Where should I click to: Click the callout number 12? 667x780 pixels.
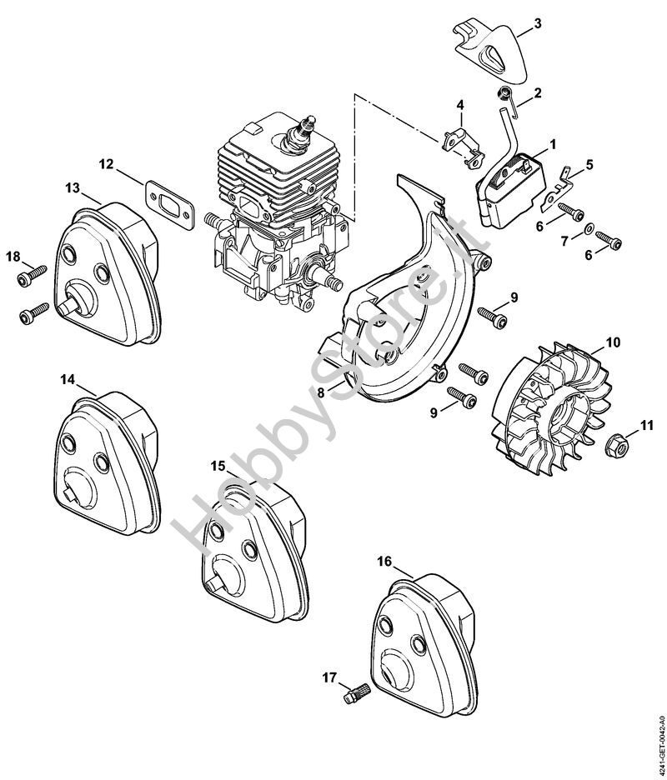(105, 164)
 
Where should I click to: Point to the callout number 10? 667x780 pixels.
(613, 342)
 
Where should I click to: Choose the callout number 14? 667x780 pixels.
(68, 380)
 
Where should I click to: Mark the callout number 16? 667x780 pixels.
(384, 562)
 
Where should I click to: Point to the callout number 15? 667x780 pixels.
(217, 465)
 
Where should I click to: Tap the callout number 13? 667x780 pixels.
(73, 188)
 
